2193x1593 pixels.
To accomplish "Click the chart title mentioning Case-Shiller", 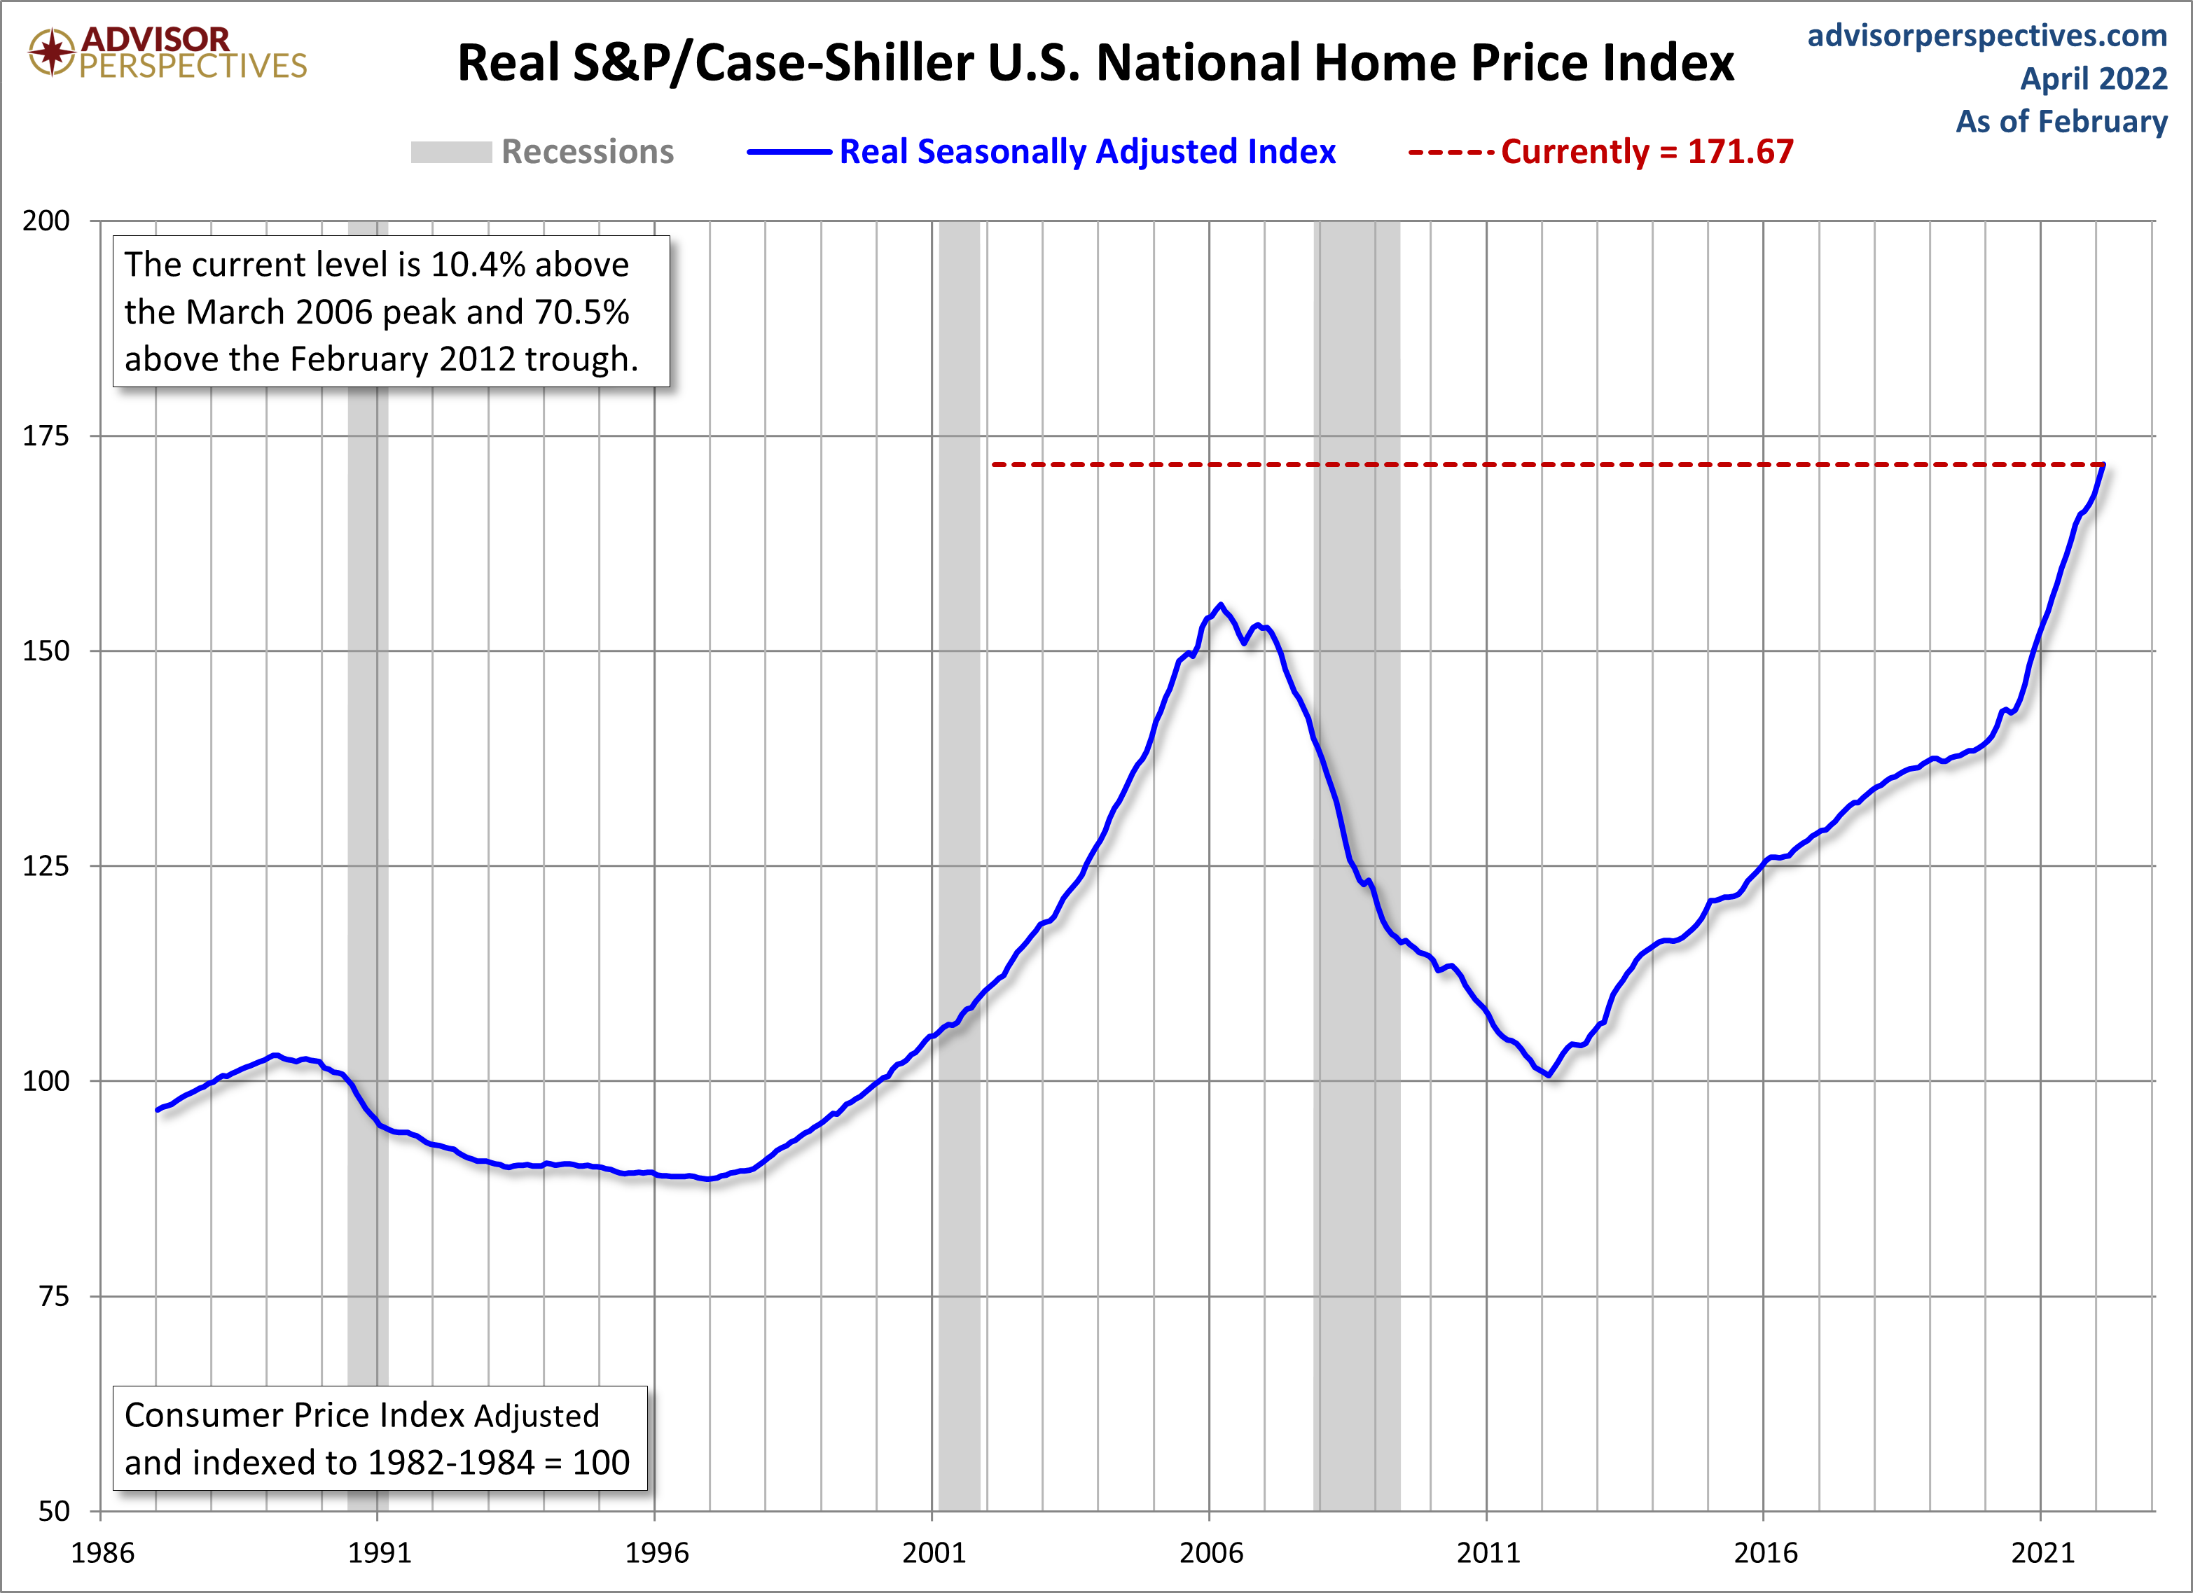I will pyautogui.click(x=1095, y=64).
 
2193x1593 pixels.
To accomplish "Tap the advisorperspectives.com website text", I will pyautogui.click(x=1987, y=36).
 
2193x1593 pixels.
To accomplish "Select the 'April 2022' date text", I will pyautogui.click(x=2094, y=78).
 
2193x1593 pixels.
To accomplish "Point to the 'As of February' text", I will pyautogui.click(x=2061, y=122).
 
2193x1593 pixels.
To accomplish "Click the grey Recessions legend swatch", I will pyautogui.click(x=450, y=152).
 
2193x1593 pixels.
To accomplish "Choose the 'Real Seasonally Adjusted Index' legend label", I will pyautogui.click(x=1087, y=152).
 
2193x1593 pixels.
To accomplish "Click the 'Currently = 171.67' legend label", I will pyautogui.click(x=1647, y=152).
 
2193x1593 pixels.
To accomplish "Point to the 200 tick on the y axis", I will pyautogui.click(x=46, y=221).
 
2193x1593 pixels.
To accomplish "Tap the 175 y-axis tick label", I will pyautogui.click(x=46, y=436).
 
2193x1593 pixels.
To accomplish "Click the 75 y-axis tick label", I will pyautogui.click(x=54, y=1296).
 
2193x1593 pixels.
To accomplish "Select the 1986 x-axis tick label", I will pyautogui.click(x=102, y=1552).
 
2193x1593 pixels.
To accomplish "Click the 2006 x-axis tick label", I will pyautogui.click(x=1210, y=1552).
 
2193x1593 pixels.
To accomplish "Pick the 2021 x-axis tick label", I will pyautogui.click(x=2042, y=1552).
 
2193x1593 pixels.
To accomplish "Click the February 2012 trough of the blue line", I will pyautogui.click(x=1549, y=1075).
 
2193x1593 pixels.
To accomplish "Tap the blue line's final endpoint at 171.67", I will pyautogui.click(x=2103, y=466).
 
